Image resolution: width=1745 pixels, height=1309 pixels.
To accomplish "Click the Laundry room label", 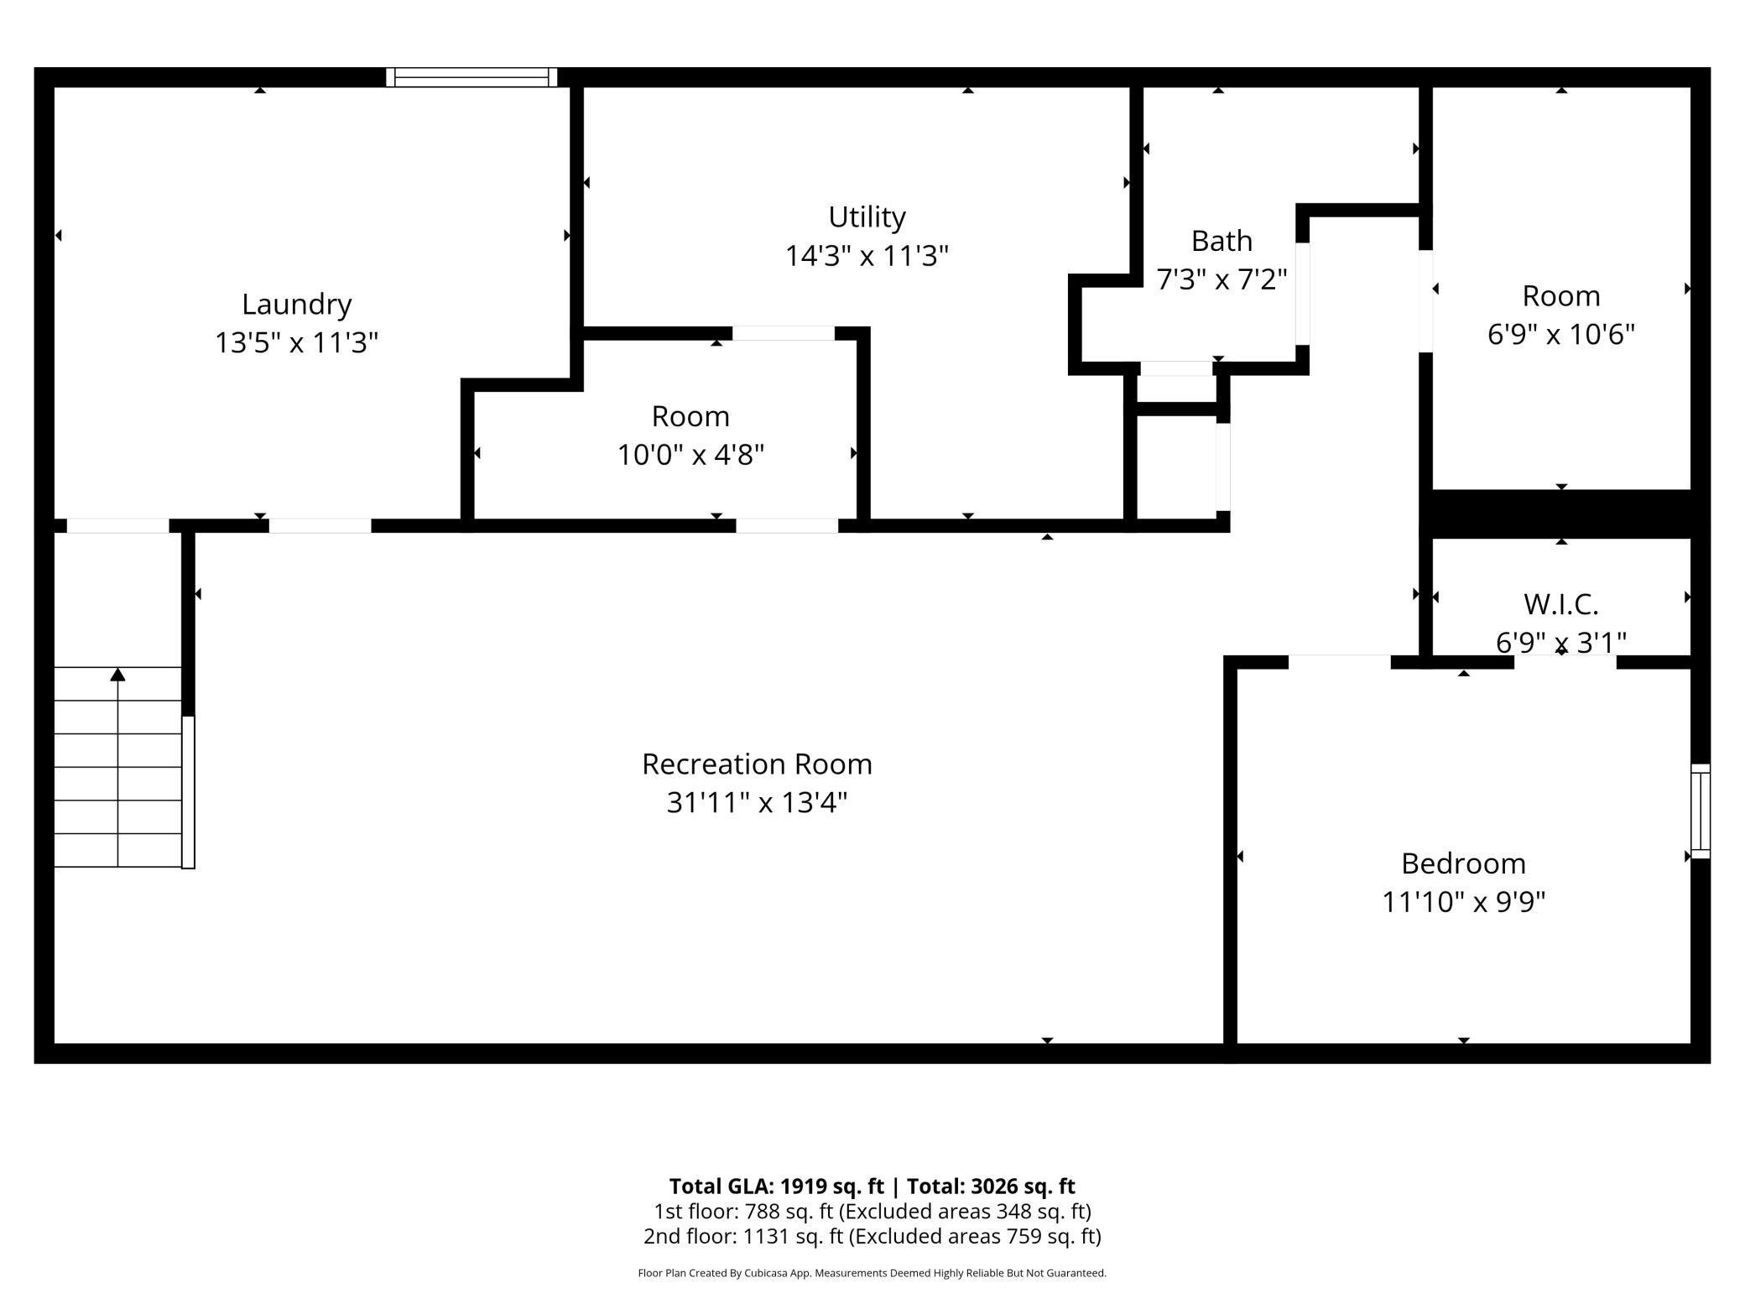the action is (x=296, y=305).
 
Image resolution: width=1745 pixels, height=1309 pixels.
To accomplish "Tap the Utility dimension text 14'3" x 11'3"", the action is (x=867, y=255).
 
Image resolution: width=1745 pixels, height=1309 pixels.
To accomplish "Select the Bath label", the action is (x=1221, y=241).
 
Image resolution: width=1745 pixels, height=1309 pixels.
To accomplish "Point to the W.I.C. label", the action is (x=1560, y=603).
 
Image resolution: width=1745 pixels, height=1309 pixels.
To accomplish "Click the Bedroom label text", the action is (x=1463, y=863).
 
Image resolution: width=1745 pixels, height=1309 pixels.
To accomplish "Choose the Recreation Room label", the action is (x=757, y=764).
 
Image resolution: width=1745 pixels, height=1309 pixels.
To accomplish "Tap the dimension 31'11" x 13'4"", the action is (x=757, y=803).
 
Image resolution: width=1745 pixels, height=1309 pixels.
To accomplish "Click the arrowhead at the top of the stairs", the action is (x=117, y=675).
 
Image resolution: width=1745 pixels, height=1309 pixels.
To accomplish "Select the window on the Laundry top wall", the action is (x=471, y=77).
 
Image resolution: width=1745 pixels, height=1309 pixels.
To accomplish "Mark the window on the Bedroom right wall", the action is (x=1701, y=811).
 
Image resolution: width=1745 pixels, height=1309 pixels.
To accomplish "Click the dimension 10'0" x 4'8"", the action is (x=690, y=455).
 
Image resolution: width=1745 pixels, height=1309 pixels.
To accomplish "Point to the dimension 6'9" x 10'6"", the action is (x=1560, y=335).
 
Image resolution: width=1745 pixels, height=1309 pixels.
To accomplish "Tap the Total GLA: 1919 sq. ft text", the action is (x=776, y=1186).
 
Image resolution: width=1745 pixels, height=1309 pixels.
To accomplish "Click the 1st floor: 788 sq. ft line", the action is (x=872, y=1211).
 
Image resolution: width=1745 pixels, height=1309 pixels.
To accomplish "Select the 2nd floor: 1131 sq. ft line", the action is (x=872, y=1236).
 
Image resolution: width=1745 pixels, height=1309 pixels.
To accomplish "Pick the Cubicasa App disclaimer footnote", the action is (x=872, y=1273).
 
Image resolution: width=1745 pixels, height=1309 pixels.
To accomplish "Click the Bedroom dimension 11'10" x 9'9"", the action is (x=1463, y=902).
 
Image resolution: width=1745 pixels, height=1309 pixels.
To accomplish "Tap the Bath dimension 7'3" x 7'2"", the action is (x=1221, y=279).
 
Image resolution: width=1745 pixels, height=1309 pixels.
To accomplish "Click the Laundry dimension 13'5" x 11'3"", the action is (x=296, y=343).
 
